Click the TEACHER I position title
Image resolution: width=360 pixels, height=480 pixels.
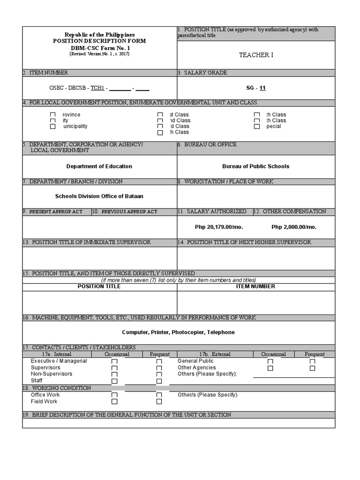256,55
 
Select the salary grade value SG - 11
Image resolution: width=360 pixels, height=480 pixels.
256,88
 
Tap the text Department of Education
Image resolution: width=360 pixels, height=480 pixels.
99,166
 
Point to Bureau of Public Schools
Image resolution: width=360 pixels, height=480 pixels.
255,166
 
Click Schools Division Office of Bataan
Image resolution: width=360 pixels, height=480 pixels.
99,196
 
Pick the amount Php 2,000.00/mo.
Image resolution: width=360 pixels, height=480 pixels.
294,227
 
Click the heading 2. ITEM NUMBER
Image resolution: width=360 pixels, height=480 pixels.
45,73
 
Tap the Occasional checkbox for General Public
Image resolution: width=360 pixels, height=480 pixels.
270,361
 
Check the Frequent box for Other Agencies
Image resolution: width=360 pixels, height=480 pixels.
312,368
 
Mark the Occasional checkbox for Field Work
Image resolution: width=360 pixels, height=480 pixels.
114,402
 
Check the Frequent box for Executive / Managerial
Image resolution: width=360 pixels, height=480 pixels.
159,361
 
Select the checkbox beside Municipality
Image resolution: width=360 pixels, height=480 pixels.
53,127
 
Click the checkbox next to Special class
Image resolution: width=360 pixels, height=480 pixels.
257,127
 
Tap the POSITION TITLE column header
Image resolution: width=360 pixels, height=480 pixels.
99,286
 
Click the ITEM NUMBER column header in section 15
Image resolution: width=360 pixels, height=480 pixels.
255,286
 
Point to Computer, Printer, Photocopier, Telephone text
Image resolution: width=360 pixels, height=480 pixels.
178,332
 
